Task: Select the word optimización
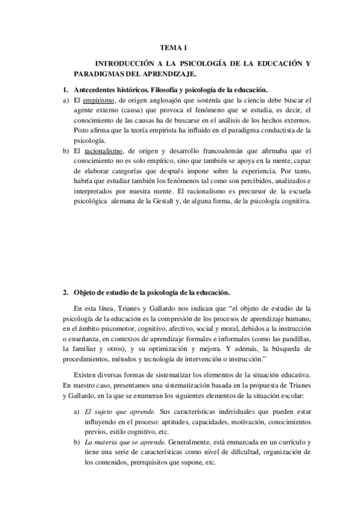point(181,350)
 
